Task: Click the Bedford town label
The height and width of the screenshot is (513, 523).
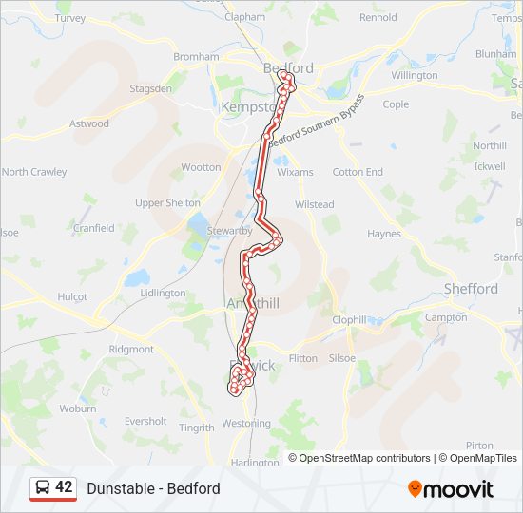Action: (x=288, y=68)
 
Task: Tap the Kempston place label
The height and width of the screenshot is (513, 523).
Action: (x=247, y=108)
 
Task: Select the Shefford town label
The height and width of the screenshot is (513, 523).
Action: (x=471, y=289)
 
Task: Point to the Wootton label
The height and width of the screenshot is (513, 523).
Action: (x=201, y=167)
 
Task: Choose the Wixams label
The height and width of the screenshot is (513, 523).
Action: (x=295, y=173)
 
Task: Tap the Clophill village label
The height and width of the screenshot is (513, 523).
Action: (x=349, y=320)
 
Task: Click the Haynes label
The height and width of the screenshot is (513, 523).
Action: (x=384, y=234)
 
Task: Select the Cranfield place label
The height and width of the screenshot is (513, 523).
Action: (x=94, y=228)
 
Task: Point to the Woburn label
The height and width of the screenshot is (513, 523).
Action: (x=78, y=408)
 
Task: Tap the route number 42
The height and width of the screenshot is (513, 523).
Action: (x=64, y=487)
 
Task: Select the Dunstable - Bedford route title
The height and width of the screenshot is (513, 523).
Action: (x=153, y=488)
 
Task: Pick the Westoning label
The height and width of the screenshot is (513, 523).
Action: (x=245, y=424)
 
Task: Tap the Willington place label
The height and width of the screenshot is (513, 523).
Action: (x=415, y=75)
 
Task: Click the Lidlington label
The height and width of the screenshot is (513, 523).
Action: (x=163, y=294)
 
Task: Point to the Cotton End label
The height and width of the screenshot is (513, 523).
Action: (x=358, y=172)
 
